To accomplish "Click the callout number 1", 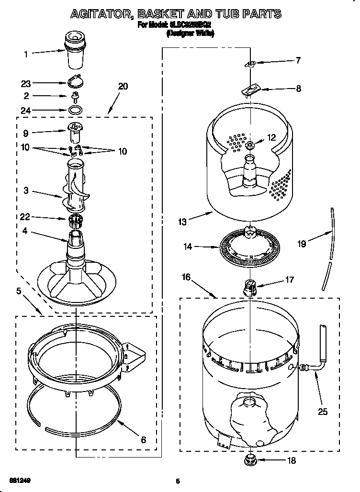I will click(26, 54).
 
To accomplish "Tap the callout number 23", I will click(26, 82).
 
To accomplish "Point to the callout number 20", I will click(123, 86).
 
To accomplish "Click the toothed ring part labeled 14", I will click(249, 247).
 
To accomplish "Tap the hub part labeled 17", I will click(250, 287).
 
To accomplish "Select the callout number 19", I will click(302, 244).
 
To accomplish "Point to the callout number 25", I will click(323, 411).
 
